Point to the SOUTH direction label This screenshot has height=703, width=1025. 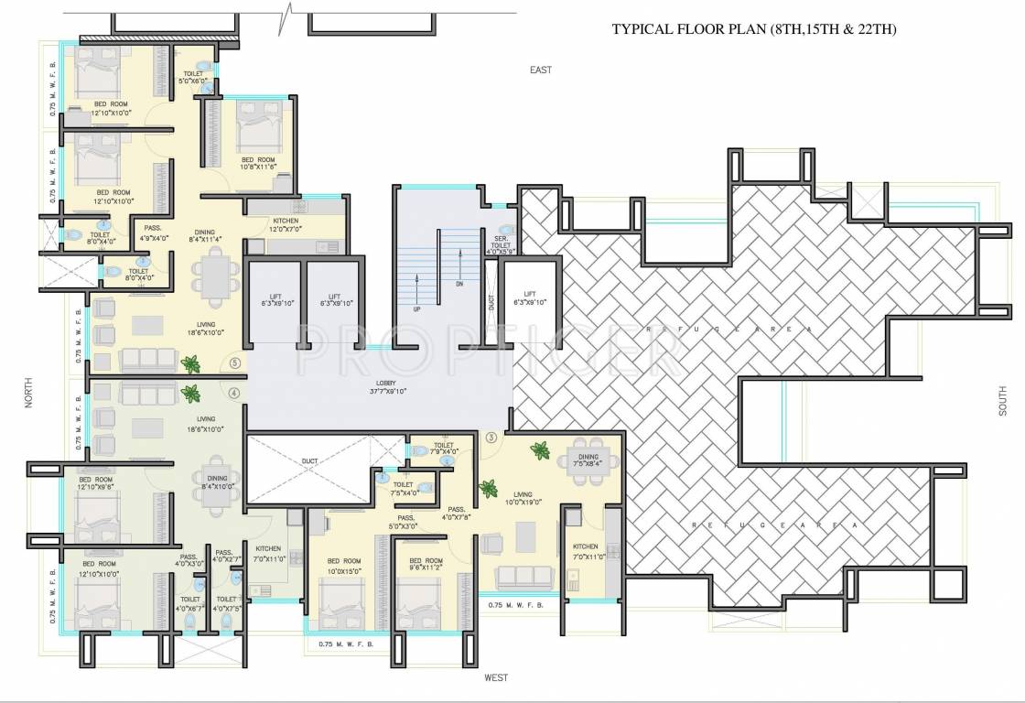click(1004, 401)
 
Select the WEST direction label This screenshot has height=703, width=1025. click(496, 677)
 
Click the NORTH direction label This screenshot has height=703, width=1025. click(31, 399)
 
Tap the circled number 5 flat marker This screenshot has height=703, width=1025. click(235, 362)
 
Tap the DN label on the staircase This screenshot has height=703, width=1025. click(459, 285)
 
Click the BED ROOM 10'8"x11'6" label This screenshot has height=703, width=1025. click(258, 162)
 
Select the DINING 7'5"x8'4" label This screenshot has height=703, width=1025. click(588, 460)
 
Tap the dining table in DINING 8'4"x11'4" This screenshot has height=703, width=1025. click(216, 274)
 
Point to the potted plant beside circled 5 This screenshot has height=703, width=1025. click(190, 364)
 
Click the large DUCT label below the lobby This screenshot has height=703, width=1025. click(309, 462)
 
